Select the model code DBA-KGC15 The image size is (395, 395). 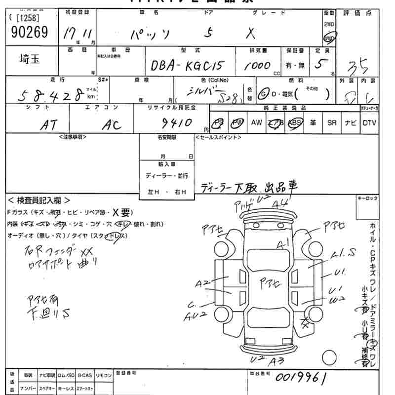[188, 66]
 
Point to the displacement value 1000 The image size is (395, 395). [257, 65]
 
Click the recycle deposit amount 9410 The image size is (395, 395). [176, 122]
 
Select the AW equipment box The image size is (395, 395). [256, 123]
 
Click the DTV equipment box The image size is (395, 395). [369, 123]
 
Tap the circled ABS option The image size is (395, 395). [295, 123]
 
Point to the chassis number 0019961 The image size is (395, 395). [301, 378]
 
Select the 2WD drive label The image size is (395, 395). [329, 24]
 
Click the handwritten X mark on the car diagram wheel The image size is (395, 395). [306, 323]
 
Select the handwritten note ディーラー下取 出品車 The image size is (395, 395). [249, 186]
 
